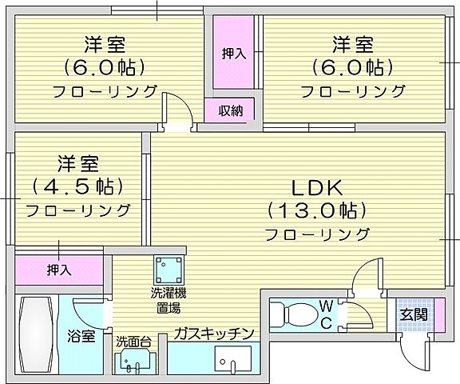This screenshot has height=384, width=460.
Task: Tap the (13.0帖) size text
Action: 316,211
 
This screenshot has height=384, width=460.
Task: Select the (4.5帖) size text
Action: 77,187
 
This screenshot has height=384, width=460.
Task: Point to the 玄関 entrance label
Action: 413,314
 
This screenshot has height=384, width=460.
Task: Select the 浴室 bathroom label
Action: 82,336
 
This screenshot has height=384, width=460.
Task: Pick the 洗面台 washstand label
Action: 133,342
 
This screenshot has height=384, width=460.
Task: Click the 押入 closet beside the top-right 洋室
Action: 233,54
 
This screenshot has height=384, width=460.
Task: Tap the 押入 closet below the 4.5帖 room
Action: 58,270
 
